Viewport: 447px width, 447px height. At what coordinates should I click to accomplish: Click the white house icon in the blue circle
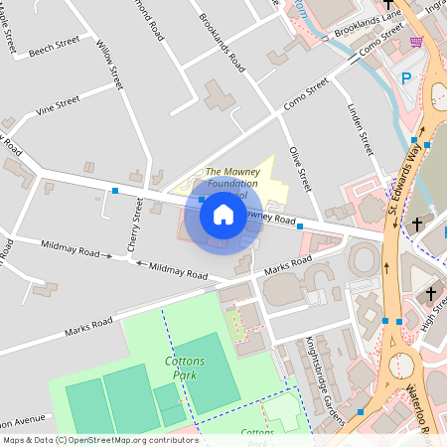pos(223,215)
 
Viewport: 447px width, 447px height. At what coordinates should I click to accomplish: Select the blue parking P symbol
pos(405,78)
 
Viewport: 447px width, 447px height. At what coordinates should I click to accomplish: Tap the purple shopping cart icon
pos(415,41)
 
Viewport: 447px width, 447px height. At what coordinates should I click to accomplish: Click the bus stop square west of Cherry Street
pos(116,190)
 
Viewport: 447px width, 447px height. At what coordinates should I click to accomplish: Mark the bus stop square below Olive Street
pos(300,226)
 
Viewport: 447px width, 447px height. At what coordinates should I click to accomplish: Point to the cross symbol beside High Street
pos(430,294)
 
